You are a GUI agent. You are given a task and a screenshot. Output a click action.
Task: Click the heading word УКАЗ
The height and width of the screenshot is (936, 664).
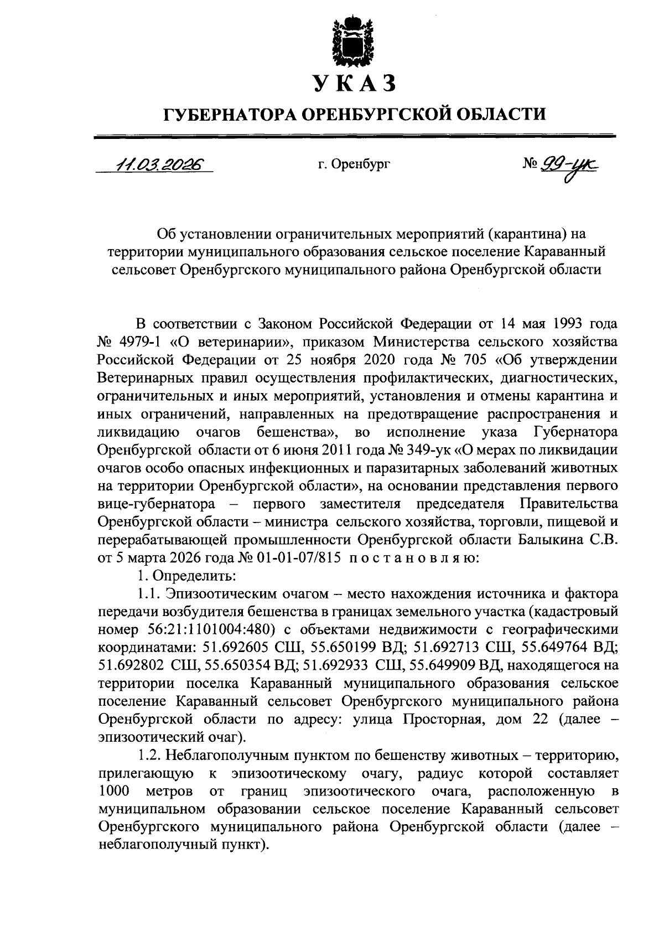point(354,84)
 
